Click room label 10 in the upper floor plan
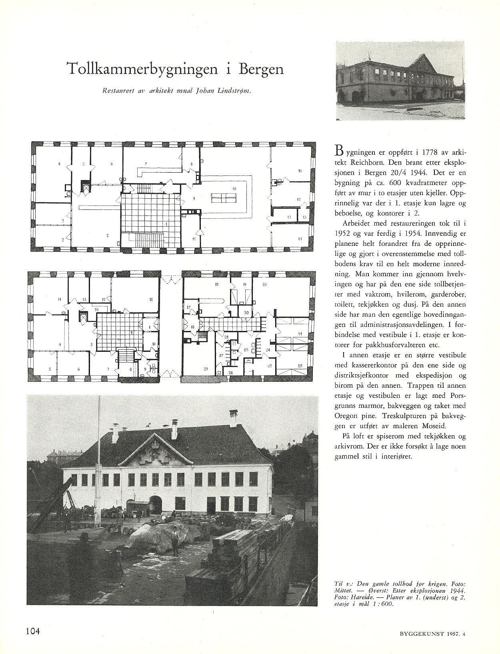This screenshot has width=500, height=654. (234, 188)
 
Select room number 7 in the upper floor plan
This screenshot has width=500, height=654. (146, 163)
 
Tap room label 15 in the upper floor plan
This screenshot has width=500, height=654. (194, 239)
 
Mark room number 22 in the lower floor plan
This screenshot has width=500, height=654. (300, 366)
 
